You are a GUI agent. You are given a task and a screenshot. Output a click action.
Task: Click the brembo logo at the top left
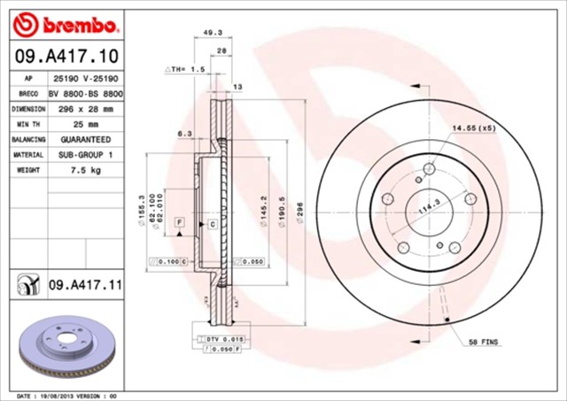(61, 22)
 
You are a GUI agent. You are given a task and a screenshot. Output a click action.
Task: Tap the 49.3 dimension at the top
(213, 32)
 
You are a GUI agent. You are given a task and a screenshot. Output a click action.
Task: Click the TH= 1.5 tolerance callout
(185, 68)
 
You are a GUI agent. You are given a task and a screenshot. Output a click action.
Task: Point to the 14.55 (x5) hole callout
(474, 129)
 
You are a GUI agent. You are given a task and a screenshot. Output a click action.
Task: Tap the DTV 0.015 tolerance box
(211, 339)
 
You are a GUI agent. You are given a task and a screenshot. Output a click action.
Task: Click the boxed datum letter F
(180, 220)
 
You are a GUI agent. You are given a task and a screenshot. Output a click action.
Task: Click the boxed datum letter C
(213, 225)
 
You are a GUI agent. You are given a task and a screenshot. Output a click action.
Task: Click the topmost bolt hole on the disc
(429, 169)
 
